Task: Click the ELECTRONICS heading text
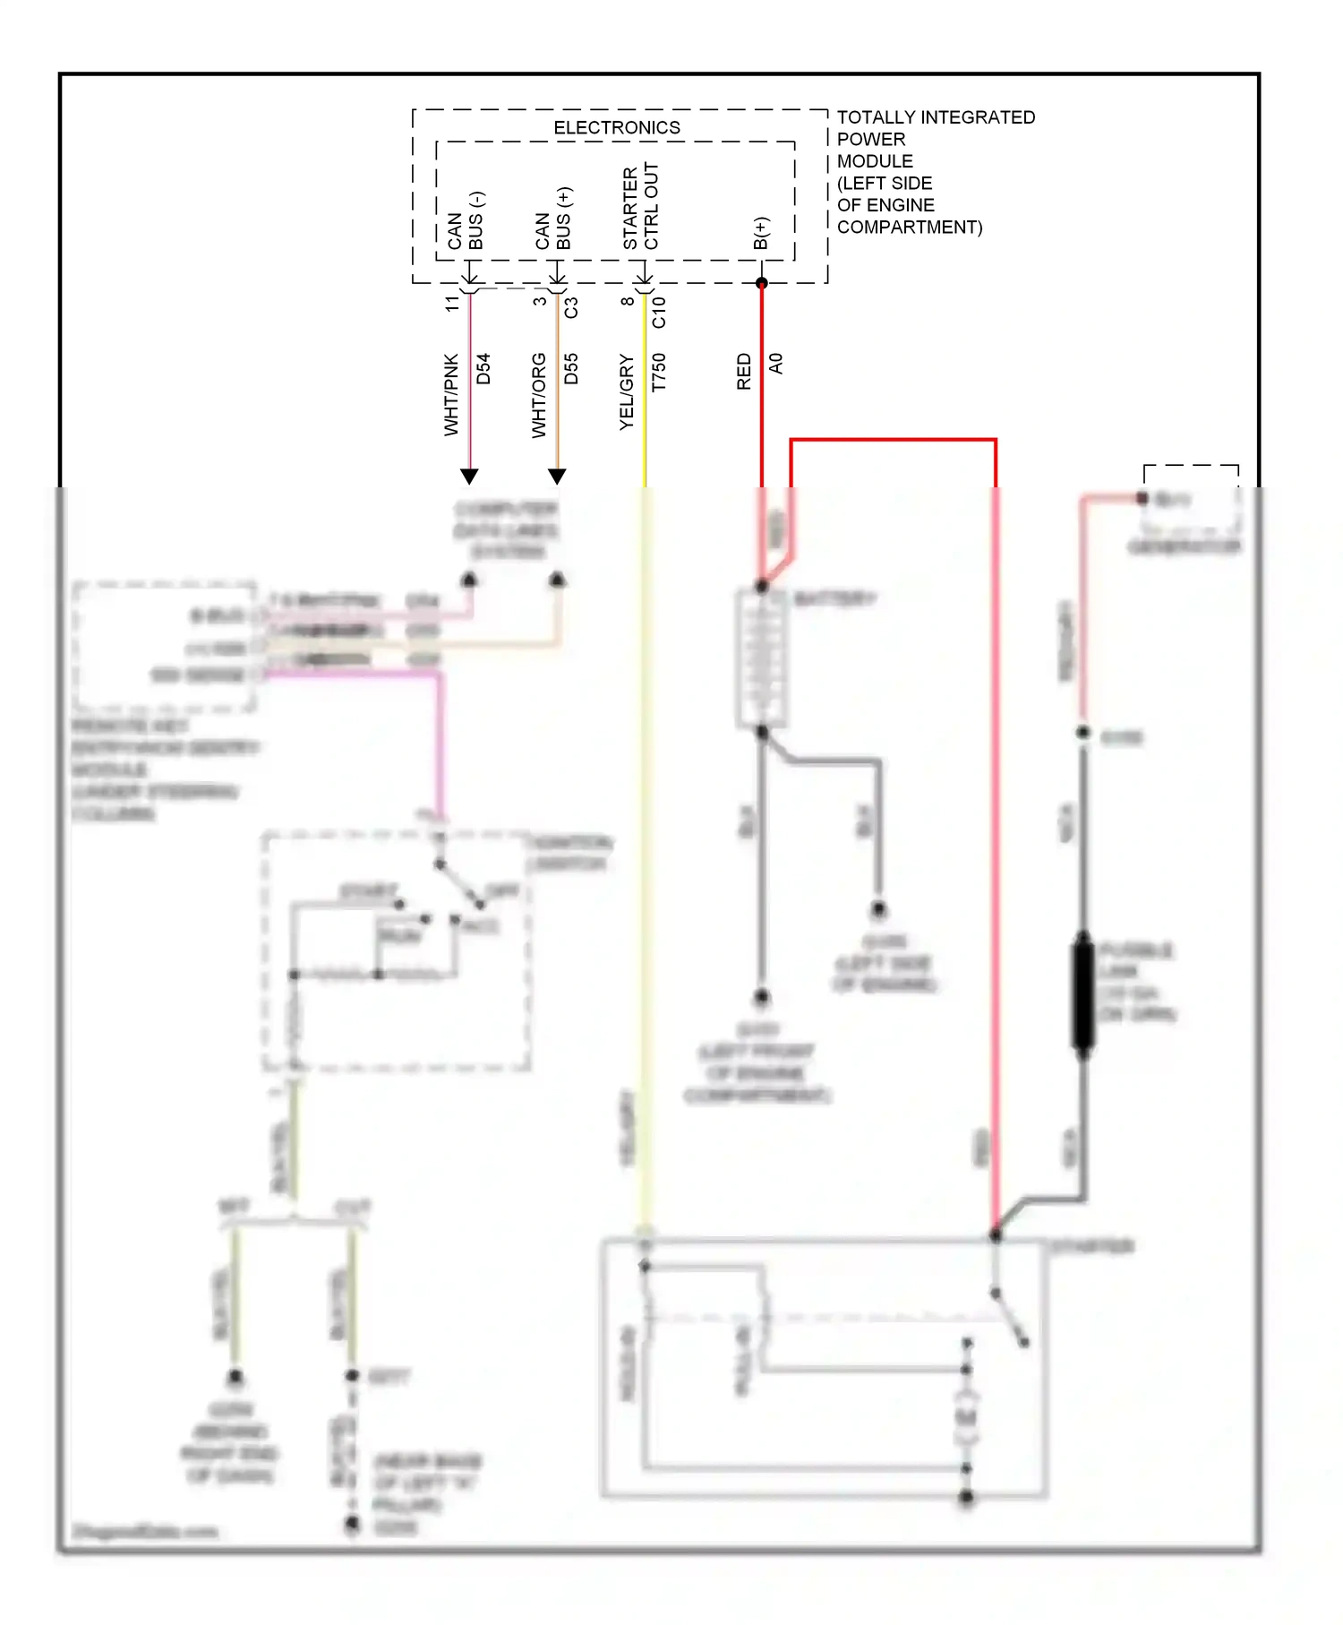click(616, 128)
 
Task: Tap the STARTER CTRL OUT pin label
click(640, 207)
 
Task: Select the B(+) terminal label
click(760, 233)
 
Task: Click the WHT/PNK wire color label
click(451, 394)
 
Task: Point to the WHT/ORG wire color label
click(539, 395)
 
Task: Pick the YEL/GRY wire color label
click(627, 391)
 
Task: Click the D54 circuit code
click(483, 368)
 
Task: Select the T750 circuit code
click(659, 372)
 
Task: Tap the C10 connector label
click(659, 312)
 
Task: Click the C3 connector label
click(571, 307)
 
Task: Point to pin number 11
click(452, 304)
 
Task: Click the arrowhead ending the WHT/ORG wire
click(557, 477)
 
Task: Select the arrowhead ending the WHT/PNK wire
click(469, 477)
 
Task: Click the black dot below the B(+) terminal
click(761, 283)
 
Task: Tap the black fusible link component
click(1082, 991)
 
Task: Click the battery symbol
click(761, 658)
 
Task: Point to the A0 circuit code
click(775, 363)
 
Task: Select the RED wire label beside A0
click(744, 371)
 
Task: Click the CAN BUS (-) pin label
click(466, 221)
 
